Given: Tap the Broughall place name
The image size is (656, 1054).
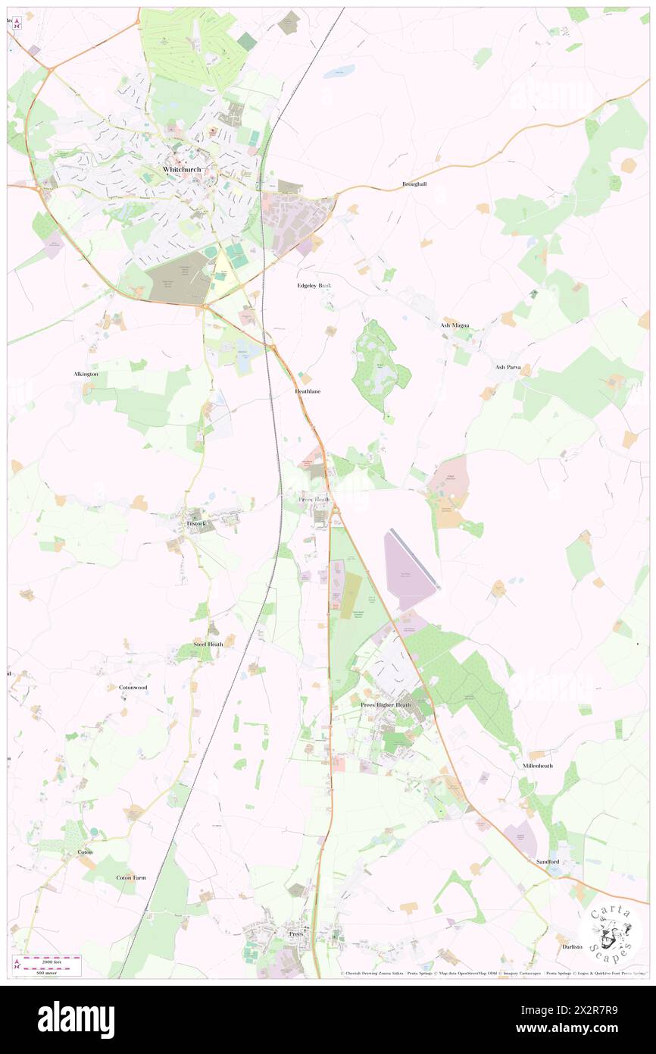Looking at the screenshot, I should pyautogui.click(x=414, y=184).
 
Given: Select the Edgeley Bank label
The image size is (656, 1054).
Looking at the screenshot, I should pyautogui.click(x=314, y=286).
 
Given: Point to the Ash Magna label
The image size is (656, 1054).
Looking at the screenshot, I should pyautogui.click(x=455, y=325).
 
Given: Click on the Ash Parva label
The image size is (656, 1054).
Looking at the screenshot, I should pyautogui.click(x=510, y=367).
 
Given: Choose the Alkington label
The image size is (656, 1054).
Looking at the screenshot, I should pyautogui.click(x=86, y=375).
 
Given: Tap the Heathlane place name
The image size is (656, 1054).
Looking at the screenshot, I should pyautogui.click(x=308, y=391).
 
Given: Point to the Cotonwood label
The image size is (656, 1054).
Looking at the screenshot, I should pyautogui.click(x=133, y=687).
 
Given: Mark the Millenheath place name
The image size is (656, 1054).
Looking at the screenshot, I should pyautogui.click(x=537, y=766).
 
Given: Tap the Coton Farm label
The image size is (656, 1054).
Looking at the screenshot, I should pyautogui.click(x=131, y=877).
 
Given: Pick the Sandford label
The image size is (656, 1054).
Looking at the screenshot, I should pyautogui.click(x=547, y=862).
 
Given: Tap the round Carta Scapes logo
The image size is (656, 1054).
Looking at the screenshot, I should pyautogui.click(x=610, y=934).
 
